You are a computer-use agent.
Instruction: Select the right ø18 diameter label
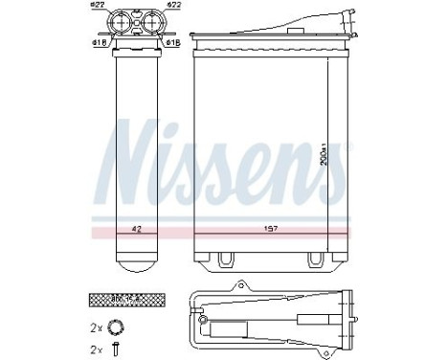pos(172,42)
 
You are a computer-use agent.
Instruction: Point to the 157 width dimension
pos(261,230)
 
